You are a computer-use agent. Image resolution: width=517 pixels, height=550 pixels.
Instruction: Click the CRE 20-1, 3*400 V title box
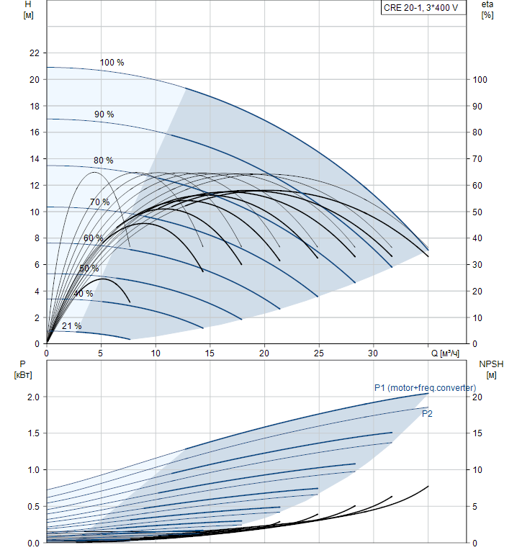pyautogui.click(x=421, y=9)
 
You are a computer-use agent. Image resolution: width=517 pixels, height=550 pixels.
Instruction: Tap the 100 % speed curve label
pyautogui.click(x=112, y=63)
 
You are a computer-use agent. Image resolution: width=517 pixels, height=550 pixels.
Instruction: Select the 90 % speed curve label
pyautogui.click(x=104, y=114)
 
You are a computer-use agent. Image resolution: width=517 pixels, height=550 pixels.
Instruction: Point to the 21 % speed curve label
pyautogui.click(x=71, y=326)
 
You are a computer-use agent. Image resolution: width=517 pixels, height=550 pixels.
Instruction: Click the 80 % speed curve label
pyautogui.click(x=103, y=160)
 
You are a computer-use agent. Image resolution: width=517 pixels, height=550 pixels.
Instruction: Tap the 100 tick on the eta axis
pyautogui.click(x=481, y=80)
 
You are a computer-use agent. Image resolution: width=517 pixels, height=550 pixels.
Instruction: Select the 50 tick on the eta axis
pyautogui.click(x=479, y=212)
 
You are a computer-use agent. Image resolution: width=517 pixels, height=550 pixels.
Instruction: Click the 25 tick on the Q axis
pyautogui.click(x=318, y=353)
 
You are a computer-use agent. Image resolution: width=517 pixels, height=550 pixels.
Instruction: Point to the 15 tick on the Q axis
pyautogui.click(x=210, y=353)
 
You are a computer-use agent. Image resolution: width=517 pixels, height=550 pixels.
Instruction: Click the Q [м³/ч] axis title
pyautogui.click(x=445, y=353)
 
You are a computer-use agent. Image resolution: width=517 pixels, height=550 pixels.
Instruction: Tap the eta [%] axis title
pyautogui.click(x=487, y=9)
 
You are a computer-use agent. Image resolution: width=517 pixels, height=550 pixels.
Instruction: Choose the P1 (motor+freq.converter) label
pyautogui.click(x=425, y=388)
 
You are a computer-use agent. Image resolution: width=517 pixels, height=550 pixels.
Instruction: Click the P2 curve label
pyautogui.click(x=427, y=414)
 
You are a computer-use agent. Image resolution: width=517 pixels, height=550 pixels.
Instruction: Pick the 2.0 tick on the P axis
pyautogui.click(x=32, y=397)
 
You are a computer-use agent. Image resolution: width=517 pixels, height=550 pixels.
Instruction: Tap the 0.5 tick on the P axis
pyautogui.click(x=32, y=507)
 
